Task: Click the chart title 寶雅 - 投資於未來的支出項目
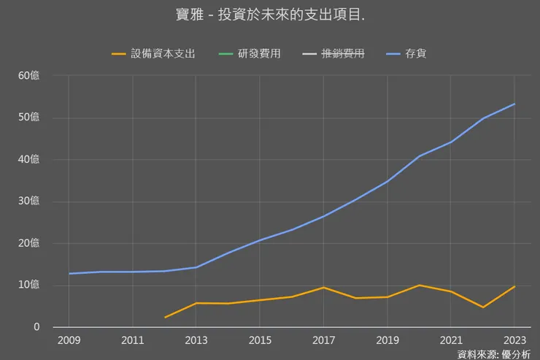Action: coord(271,15)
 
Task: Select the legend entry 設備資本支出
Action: coord(163,53)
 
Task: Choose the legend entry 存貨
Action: coord(416,53)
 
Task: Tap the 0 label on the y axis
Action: coord(36,327)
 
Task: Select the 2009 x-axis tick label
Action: coord(69,340)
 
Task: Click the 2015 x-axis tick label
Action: coord(260,340)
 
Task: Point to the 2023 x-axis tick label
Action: coord(514,340)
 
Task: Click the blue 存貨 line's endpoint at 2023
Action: coord(514,104)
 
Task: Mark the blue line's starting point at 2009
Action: coord(69,273)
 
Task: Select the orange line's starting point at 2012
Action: coord(165,318)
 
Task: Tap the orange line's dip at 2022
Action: coord(482,307)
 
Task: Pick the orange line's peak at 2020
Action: coord(419,285)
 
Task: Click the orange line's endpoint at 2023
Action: coord(514,286)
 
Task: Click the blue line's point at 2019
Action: coord(387,182)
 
